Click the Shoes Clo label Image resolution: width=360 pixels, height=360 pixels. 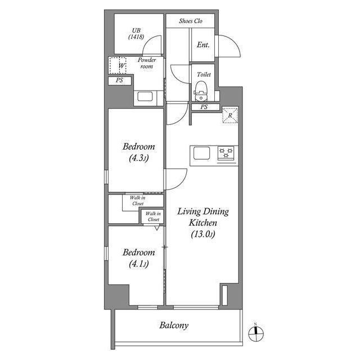190,21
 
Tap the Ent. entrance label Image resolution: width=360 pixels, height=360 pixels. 203,44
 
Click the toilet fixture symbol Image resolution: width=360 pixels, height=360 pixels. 201,88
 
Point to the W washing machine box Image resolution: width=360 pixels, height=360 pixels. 118,66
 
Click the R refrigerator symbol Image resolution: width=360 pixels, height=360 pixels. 230,115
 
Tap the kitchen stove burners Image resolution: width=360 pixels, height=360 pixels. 227,152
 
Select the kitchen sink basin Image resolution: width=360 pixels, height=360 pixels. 201,153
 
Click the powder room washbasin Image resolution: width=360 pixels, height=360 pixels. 145,96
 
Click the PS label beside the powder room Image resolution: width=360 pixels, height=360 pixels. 119,80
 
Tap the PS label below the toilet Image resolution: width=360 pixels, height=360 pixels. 204,107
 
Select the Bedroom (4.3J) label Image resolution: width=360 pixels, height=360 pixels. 138,152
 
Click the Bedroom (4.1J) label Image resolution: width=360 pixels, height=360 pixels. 138,258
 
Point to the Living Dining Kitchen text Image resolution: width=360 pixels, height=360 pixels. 203,223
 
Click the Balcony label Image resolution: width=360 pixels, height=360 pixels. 174,325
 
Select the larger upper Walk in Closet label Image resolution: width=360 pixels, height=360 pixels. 138,200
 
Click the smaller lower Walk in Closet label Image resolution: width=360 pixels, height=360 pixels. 153,216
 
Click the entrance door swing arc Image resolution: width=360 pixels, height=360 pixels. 232,47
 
